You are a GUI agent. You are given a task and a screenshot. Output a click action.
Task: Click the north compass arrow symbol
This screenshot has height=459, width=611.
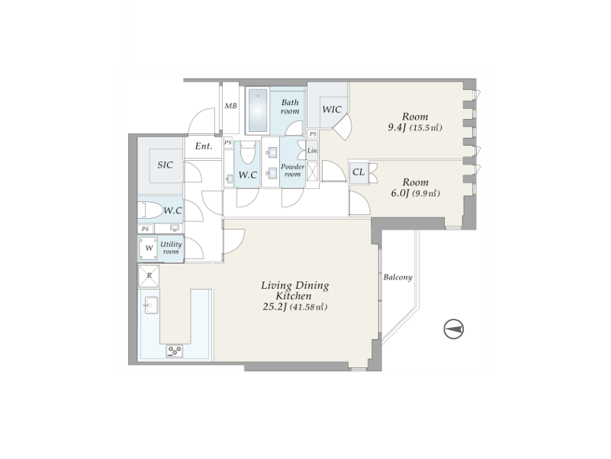click(454, 329)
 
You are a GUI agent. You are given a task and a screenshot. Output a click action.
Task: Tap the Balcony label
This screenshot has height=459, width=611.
click(397, 278)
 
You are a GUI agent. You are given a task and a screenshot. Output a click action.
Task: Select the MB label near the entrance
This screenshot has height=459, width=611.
click(230, 106)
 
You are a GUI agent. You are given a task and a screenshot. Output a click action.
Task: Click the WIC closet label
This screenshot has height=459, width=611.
click(332, 110)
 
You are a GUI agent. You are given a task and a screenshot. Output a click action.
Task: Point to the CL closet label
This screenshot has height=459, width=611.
click(358, 172)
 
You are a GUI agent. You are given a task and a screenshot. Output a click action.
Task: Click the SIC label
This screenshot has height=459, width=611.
click(166, 165)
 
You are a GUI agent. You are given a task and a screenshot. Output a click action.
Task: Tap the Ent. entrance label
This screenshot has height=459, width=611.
click(204, 146)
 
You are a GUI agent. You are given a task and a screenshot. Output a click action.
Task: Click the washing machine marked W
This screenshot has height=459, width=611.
click(149, 249)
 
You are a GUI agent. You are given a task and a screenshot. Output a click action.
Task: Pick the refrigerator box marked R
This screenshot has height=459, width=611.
click(149, 276)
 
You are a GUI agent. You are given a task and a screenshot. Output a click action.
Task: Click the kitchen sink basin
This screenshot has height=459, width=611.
click(151, 305)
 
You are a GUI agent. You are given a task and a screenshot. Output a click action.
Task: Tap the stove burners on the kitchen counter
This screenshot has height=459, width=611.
click(174, 351)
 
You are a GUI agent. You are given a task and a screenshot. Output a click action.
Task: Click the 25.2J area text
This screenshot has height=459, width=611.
click(275, 307)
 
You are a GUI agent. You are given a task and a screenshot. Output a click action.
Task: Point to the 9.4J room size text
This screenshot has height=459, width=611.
click(397, 127)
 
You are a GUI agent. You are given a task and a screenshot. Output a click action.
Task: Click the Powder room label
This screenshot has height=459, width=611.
click(293, 170)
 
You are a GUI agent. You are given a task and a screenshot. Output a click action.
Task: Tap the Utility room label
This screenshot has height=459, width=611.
click(171, 248)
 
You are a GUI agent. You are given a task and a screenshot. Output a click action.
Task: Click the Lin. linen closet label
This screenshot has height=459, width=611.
click(313, 150)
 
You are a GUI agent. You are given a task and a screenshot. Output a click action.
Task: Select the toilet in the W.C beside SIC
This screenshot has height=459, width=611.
click(150, 210)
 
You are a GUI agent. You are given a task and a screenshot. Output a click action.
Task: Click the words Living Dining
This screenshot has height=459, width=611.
click(295, 286)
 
